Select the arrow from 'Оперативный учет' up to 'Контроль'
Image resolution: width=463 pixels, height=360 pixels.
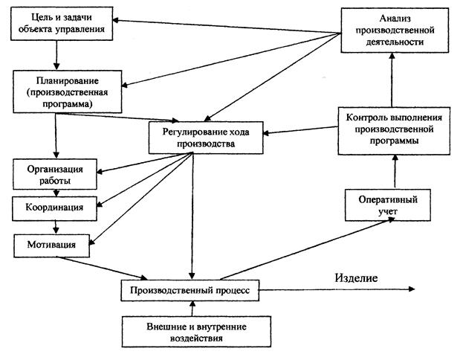[x=395, y=172]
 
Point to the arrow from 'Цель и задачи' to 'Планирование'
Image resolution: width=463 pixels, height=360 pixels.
[x=56, y=55]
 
